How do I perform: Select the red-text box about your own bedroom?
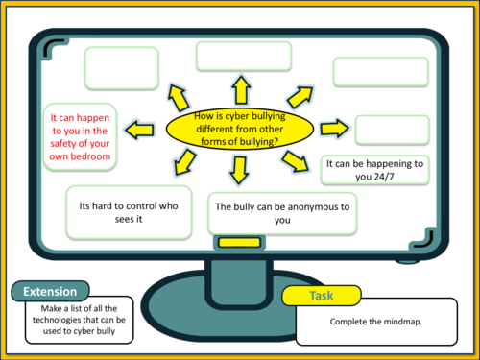(81, 135)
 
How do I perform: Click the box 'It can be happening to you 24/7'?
(373, 170)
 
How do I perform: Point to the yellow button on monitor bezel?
(233, 243)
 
